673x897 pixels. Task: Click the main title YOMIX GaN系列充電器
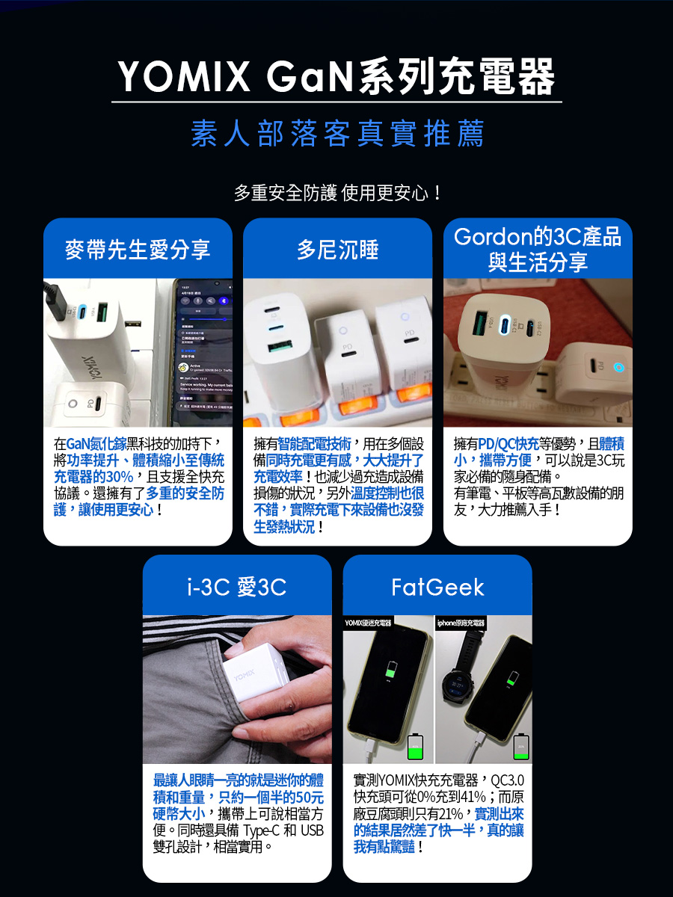pyautogui.click(x=336, y=78)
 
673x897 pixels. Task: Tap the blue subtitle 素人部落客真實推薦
pyautogui.click(x=336, y=135)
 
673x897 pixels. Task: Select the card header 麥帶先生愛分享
pyautogui.click(x=138, y=250)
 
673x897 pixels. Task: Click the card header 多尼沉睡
pyautogui.click(x=337, y=250)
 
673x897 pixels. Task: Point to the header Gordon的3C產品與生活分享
pyautogui.click(x=538, y=250)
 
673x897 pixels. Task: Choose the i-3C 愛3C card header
pyautogui.click(x=236, y=588)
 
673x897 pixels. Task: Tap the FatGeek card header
pyautogui.click(x=437, y=588)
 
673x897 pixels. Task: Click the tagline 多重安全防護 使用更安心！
pyautogui.click(x=336, y=194)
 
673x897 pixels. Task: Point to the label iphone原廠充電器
pyautogui.click(x=461, y=623)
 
